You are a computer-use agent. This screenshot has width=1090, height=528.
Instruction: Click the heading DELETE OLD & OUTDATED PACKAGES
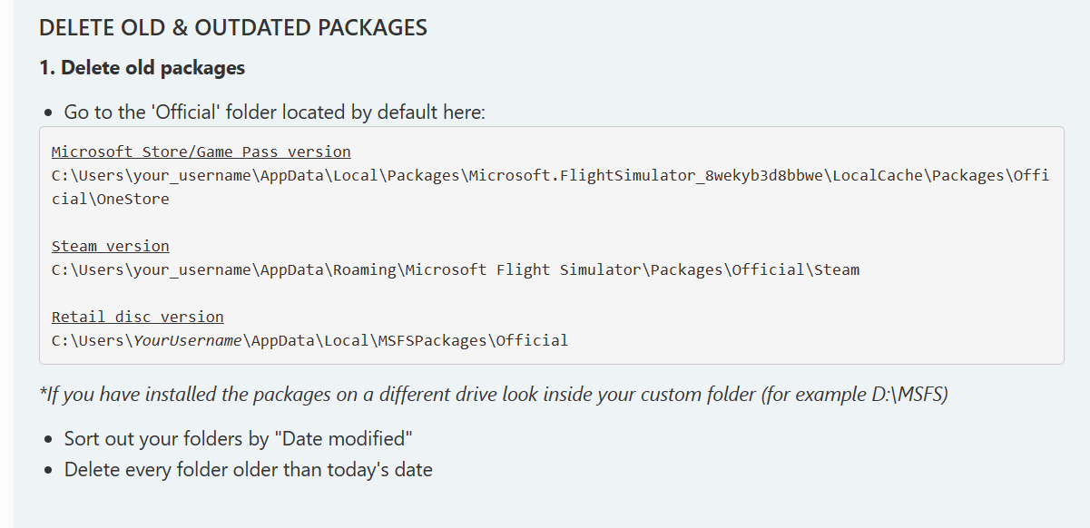[x=232, y=28]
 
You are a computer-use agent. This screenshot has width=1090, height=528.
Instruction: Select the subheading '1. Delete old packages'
[x=142, y=68]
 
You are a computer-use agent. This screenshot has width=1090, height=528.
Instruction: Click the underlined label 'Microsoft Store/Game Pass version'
[x=201, y=152]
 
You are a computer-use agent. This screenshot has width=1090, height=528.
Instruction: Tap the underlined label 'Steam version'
[x=110, y=246]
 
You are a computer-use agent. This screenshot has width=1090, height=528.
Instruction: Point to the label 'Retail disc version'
[x=137, y=317]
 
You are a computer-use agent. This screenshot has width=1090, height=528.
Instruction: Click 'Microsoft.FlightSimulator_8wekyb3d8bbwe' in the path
[x=648, y=175]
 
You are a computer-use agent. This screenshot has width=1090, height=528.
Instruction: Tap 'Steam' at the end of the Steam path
[x=836, y=269]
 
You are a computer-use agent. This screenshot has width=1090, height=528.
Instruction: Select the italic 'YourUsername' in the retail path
[x=189, y=340]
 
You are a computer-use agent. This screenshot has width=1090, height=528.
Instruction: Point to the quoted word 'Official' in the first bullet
[x=183, y=112]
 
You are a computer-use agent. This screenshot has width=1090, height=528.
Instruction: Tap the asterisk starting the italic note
[x=43, y=394]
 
